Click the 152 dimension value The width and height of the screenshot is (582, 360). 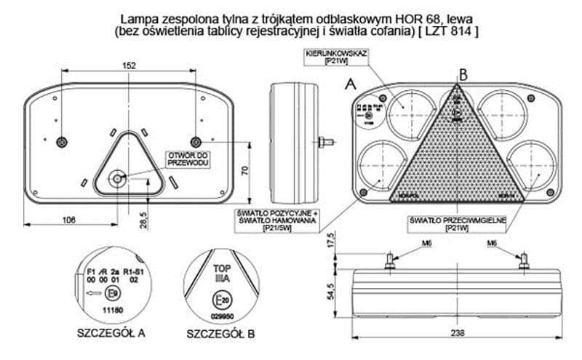click(129, 65)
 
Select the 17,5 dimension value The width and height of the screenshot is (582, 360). click(330, 241)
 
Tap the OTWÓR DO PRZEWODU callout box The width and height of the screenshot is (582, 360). click(188, 159)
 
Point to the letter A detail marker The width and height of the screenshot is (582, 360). click(351, 85)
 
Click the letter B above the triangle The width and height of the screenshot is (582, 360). click(463, 73)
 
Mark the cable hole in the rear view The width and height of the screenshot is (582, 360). click(116, 178)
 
